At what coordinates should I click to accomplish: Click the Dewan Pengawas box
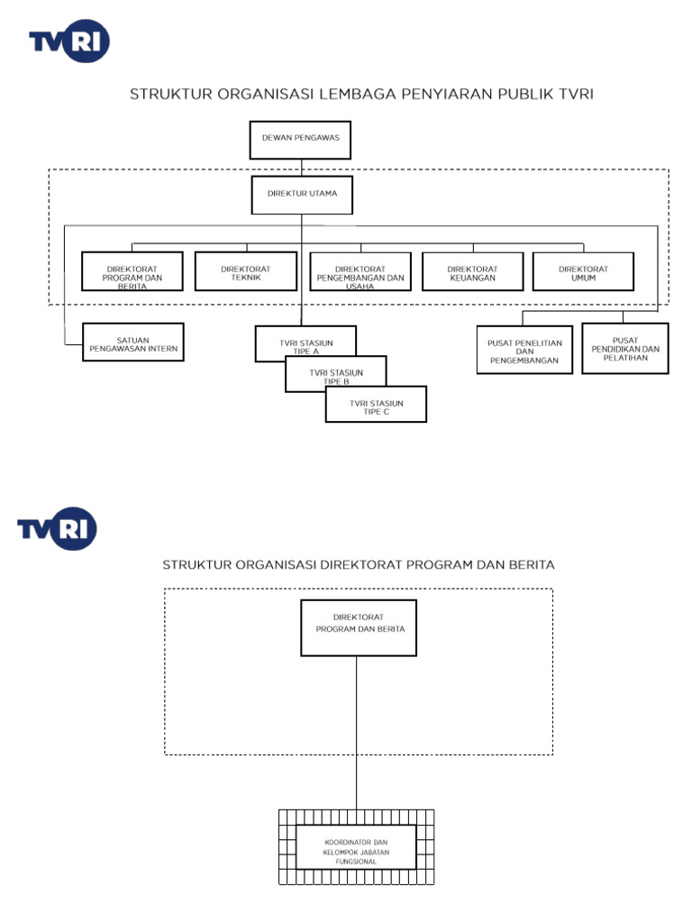(x=300, y=140)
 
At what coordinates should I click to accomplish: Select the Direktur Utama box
(x=301, y=194)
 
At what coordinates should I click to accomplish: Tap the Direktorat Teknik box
(x=245, y=271)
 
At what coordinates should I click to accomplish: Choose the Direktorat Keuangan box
(x=471, y=271)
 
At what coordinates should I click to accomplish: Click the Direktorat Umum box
(x=583, y=271)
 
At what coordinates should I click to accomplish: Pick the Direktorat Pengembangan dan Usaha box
(x=360, y=271)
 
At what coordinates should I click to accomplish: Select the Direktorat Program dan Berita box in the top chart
(x=132, y=271)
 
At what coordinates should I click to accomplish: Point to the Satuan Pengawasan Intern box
(x=133, y=342)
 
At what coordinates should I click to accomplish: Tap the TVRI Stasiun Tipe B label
(x=335, y=376)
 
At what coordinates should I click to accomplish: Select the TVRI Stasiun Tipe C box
(x=376, y=407)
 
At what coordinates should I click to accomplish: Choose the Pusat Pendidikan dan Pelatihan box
(x=624, y=348)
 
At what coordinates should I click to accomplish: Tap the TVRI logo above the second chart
(x=57, y=528)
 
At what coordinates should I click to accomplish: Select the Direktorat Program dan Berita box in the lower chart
(x=358, y=627)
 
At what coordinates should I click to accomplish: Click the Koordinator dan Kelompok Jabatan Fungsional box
(x=356, y=847)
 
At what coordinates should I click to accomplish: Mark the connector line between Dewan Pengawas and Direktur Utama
(x=301, y=168)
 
